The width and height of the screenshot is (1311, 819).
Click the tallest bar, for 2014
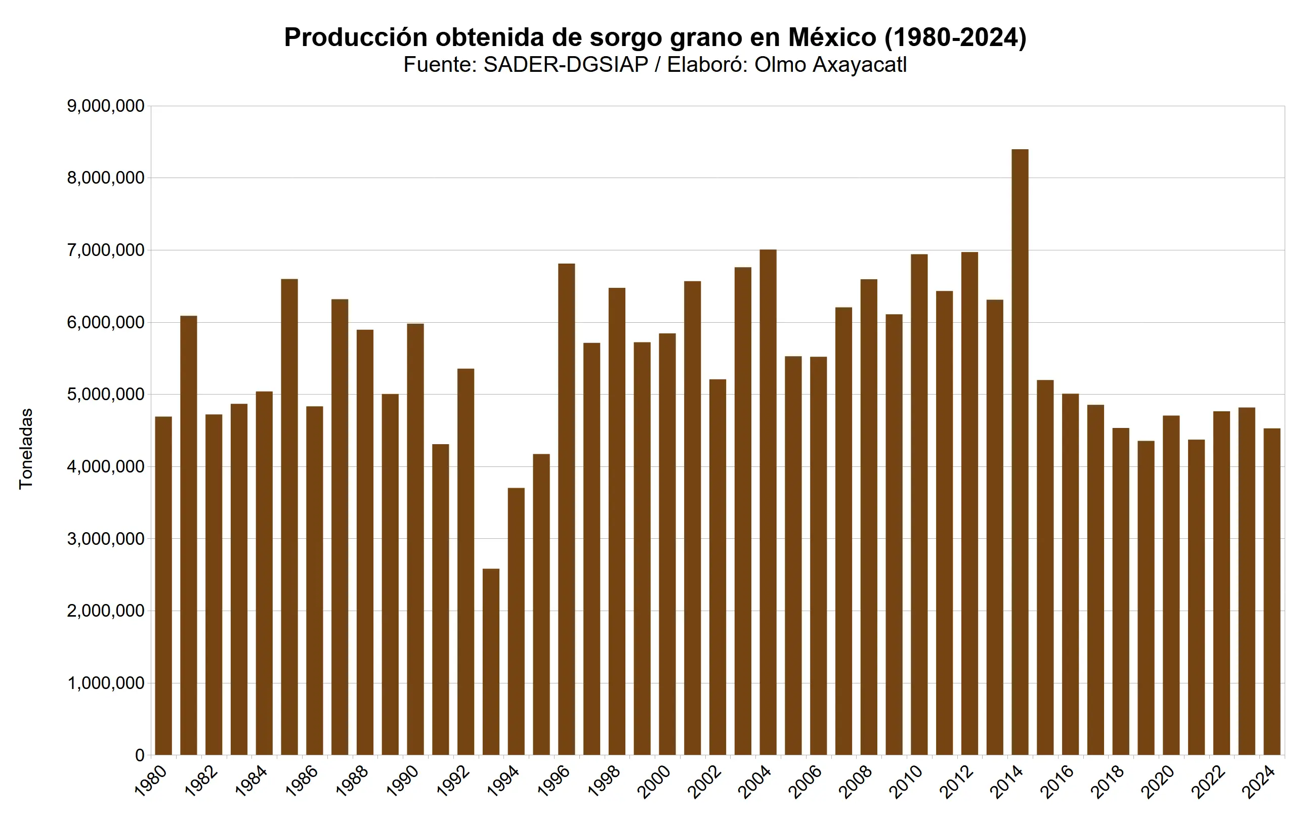coord(1020,452)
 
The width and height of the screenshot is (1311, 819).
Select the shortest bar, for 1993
coord(491,661)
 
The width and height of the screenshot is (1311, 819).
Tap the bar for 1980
coord(163,585)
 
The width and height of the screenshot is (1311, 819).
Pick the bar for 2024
coord(1272,591)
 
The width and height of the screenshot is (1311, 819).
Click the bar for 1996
coord(566,509)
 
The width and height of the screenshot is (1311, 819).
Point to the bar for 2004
coord(768,502)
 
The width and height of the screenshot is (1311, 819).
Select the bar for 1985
coord(289,517)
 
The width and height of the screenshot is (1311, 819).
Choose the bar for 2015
coord(1045,567)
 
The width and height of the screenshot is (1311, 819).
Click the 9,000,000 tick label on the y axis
coord(106,106)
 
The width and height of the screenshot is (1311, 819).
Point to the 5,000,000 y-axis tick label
coord(106,395)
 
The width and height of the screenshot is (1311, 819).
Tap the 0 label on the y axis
coord(140,755)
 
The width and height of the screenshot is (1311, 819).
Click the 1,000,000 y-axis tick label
coord(106,683)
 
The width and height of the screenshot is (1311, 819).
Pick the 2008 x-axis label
coord(856,781)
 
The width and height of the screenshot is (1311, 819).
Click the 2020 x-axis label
coord(1158,781)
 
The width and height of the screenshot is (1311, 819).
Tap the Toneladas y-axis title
coord(26,449)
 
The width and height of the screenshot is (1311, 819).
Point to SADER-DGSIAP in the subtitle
coord(566,65)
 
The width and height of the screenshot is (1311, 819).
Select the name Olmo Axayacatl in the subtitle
coord(830,65)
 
